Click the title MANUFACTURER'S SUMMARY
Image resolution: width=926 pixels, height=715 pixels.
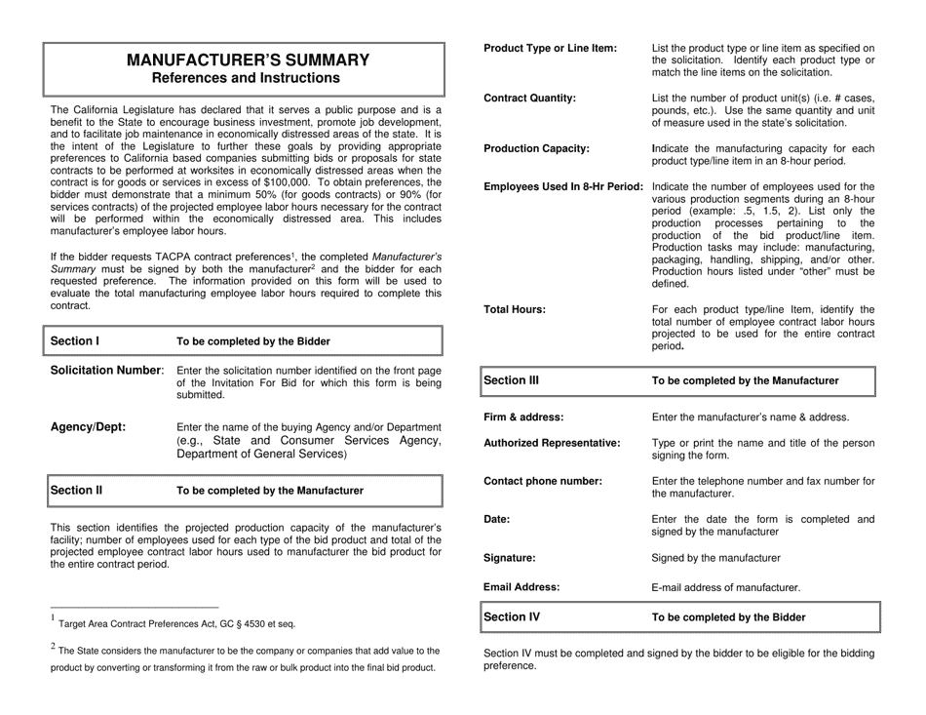pyautogui.click(x=249, y=60)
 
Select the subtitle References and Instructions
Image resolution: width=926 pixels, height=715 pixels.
pyautogui.click(x=249, y=78)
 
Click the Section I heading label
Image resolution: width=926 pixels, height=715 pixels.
pyautogui.click(x=75, y=341)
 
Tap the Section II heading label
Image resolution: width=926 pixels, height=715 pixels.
pyautogui.click(x=77, y=490)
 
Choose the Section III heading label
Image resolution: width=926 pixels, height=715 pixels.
pyautogui.click(x=513, y=380)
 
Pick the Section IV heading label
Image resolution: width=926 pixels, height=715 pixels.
pyautogui.click(x=513, y=616)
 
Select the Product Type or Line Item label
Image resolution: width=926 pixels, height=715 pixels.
pyautogui.click(x=550, y=48)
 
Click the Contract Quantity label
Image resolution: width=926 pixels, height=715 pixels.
pyautogui.click(x=529, y=99)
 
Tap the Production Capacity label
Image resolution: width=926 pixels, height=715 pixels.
pyautogui.click(x=536, y=148)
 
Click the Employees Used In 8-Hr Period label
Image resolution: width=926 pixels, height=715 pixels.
pyautogui.click(x=563, y=186)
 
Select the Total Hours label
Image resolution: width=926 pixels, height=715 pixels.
pyautogui.click(x=515, y=309)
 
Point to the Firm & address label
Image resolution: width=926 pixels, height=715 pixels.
pyautogui.click(x=523, y=417)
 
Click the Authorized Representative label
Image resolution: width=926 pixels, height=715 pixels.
pyautogui.click(x=552, y=443)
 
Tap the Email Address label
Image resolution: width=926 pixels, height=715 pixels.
pyautogui.click(x=521, y=587)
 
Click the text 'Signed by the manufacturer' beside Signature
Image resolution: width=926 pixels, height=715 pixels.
pyautogui.click(x=715, y=558)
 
